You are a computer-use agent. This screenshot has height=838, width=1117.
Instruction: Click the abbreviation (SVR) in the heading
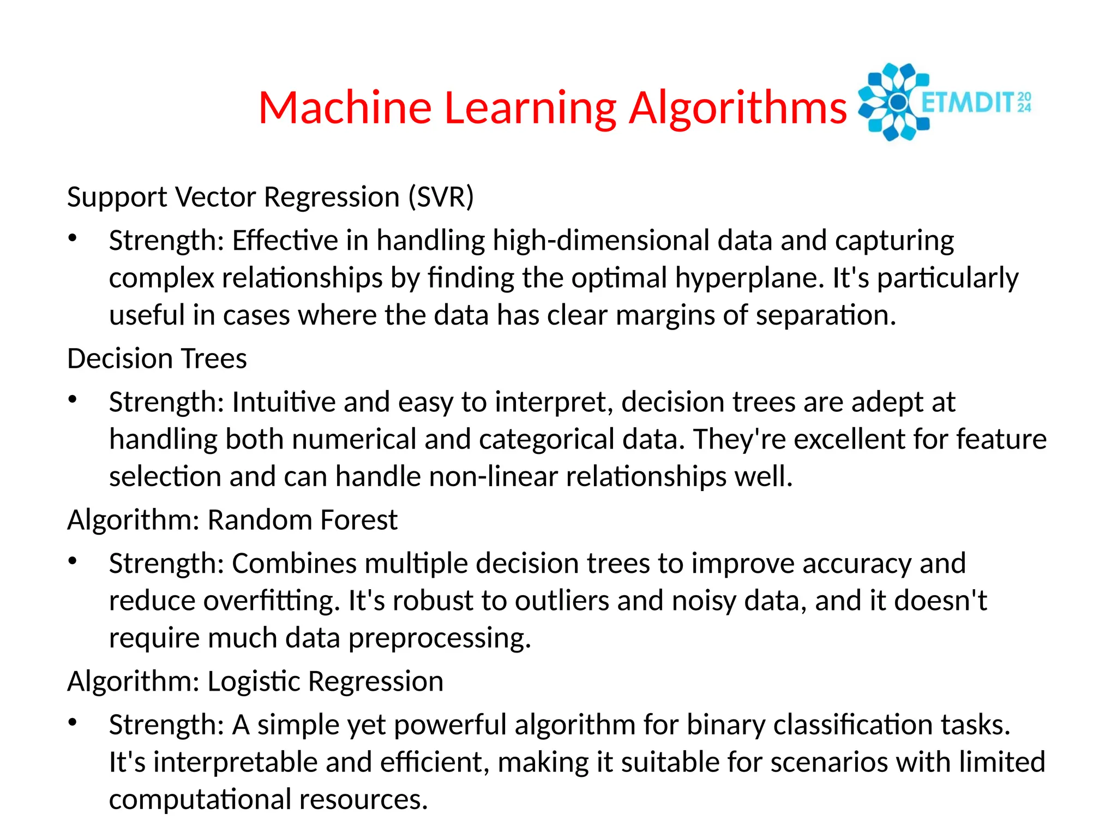(x=441, y=197)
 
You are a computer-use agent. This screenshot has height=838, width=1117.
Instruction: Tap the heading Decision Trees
(x=157, y=358)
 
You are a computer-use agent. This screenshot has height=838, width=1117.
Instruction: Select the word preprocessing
(x=440, y=638)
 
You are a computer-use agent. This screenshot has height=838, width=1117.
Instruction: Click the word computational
(x=200, y=799)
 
